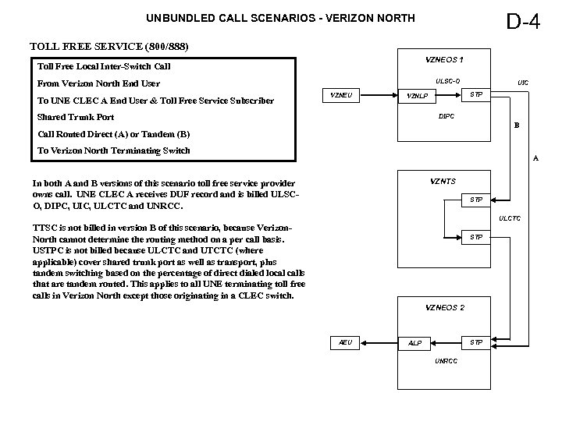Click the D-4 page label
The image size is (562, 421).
523,21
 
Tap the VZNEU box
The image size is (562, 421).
341,95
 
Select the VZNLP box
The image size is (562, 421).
418,97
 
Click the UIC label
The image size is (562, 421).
523,81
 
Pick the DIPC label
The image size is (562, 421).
446,116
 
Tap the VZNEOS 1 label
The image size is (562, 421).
444,59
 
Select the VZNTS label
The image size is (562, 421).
443,181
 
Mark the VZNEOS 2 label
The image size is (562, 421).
444,308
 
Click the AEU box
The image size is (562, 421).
346,342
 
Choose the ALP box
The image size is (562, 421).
415,343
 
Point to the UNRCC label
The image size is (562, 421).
446,361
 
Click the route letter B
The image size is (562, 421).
514,125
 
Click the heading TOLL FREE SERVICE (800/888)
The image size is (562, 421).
108,46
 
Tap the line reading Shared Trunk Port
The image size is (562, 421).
76,117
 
